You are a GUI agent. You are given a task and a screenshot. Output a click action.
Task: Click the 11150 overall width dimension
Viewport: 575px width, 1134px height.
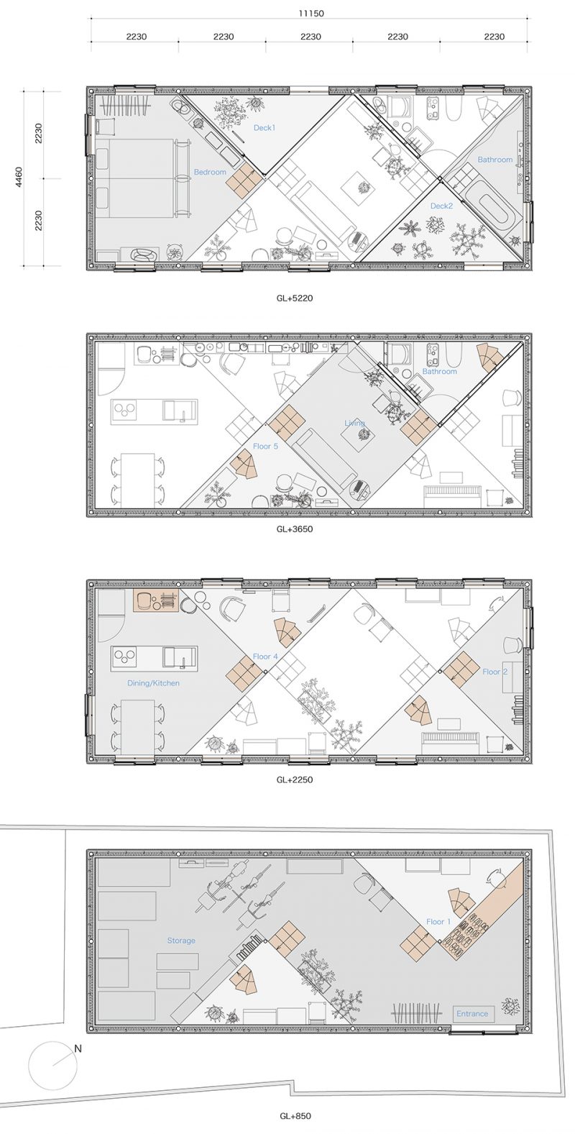point(310,14)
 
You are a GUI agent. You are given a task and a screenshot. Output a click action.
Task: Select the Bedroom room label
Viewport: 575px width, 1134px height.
point(210,172)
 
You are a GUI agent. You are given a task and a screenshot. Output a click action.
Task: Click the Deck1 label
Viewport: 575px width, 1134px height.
point(264,127)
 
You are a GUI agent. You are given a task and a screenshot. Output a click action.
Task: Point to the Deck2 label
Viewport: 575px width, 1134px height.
point(441,206)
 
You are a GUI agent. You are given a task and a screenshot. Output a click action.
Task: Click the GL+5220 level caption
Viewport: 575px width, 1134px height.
point(295,298)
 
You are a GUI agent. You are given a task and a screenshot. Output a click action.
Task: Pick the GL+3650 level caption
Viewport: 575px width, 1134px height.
point(295,529)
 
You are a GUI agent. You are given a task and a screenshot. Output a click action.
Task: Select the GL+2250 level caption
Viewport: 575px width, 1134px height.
point(295,779)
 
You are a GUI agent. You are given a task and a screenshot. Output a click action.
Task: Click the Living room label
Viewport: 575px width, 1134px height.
point(354,423)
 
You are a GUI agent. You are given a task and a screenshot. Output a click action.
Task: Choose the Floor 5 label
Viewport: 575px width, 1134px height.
point(265,446)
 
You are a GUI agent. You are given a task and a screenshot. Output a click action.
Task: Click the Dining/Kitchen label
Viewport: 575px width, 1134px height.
point(153,683)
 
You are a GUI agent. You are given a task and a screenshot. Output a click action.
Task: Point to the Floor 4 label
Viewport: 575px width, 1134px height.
point(265,657)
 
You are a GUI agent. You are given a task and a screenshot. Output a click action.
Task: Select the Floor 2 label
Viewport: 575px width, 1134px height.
point(494,672)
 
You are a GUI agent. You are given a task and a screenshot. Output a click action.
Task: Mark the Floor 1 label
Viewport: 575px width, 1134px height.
point(438,921)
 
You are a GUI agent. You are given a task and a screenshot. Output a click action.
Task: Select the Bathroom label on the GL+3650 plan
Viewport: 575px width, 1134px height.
point(440,371)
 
